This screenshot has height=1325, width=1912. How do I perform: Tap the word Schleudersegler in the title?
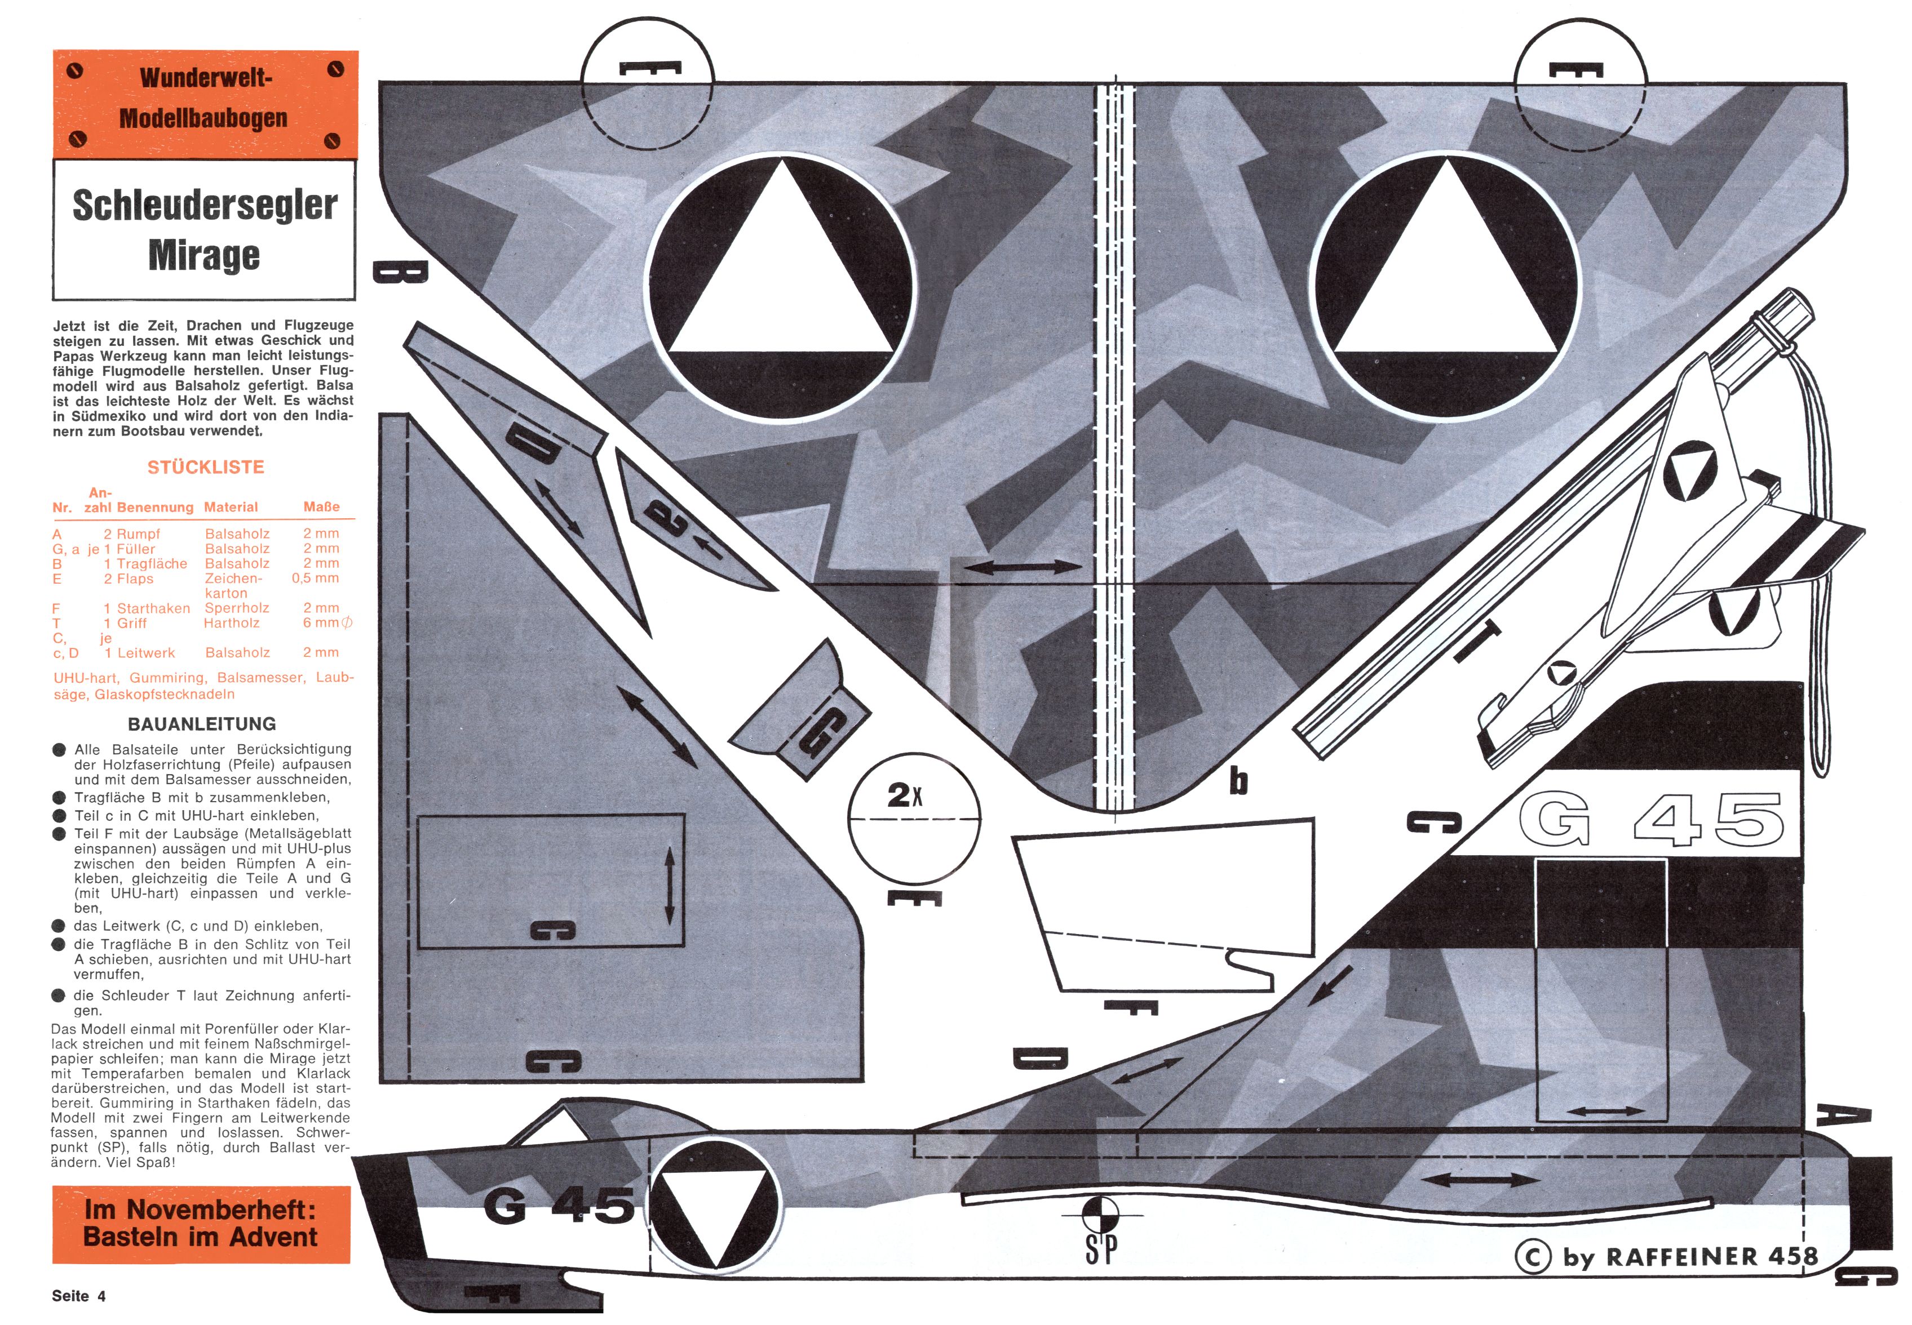pos(204,205)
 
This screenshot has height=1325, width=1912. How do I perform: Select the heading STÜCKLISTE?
pos(205,468)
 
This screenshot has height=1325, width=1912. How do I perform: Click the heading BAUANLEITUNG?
pos(202,724)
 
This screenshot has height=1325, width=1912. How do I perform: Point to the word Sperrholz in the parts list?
pos(237,608)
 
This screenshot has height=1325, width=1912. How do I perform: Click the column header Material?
pos(231,507)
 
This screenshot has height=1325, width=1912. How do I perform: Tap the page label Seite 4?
pos(79,1296)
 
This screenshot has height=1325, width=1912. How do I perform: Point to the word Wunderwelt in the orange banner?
pos(206,78)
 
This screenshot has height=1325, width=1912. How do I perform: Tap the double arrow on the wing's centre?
pos(1023,568)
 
